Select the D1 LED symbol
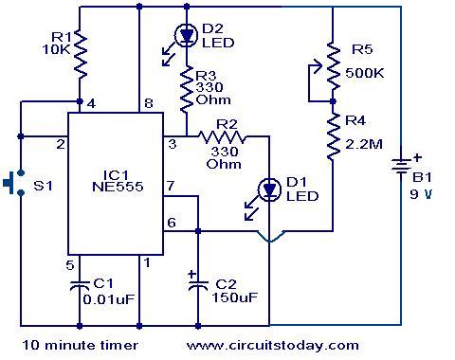click(x=269, y=189)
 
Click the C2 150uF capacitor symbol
click(x=197, y=286)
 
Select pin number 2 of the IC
click(x=60, y=144)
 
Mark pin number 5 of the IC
click(x=69, y=264)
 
